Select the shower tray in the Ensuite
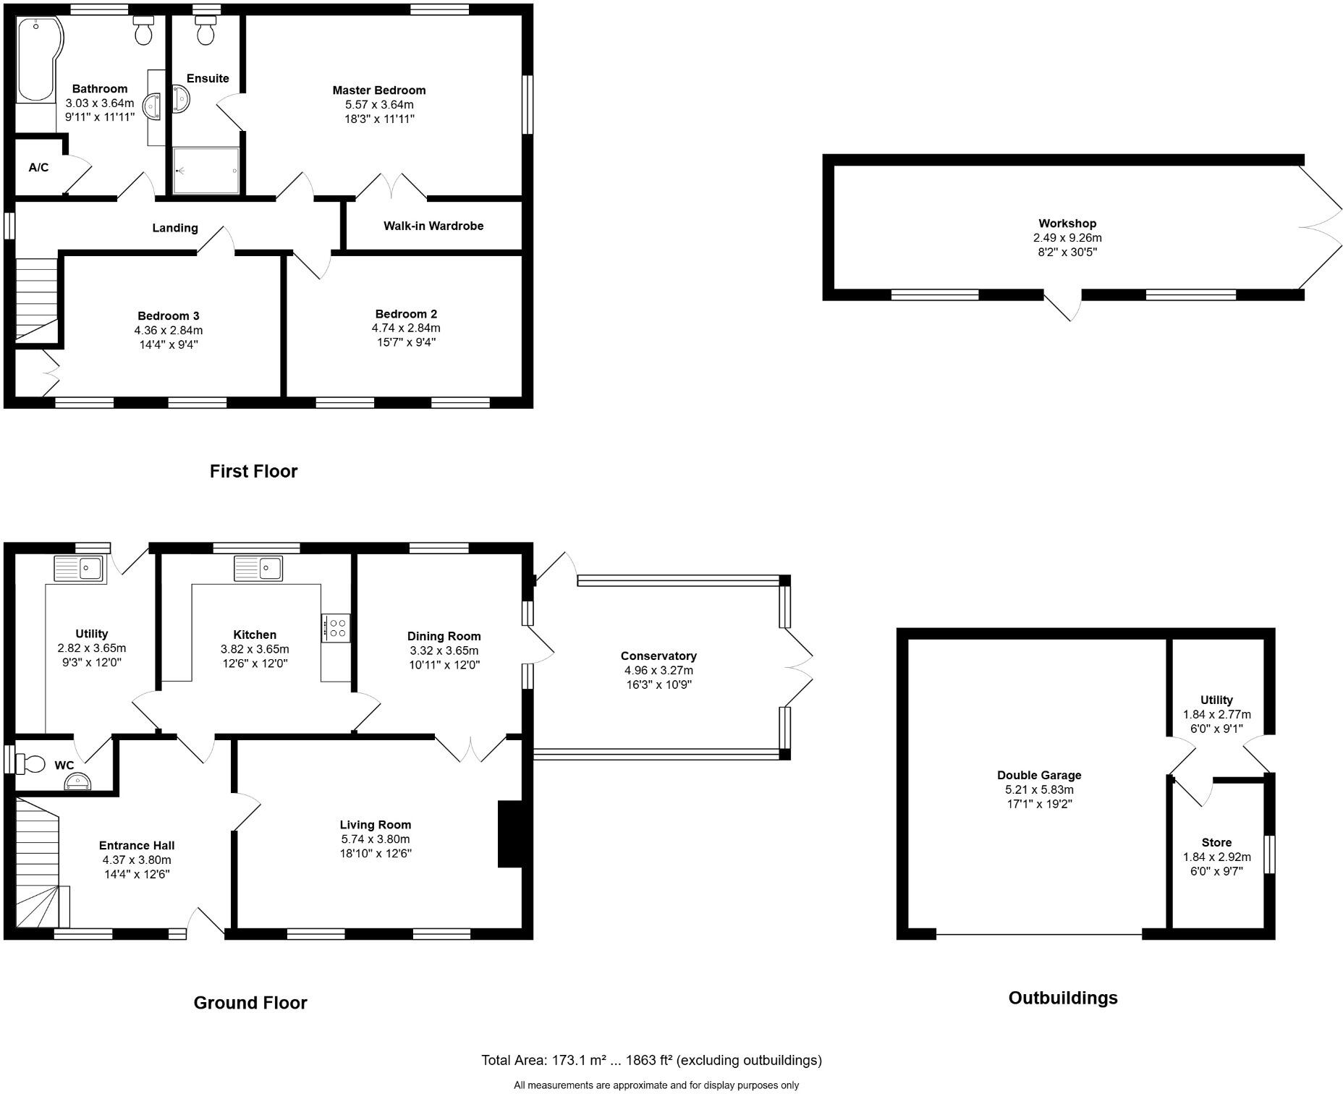pyautogui.click(x=206, y=171)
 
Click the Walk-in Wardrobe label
pyautogui.click(x=433, y=226)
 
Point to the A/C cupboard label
pyautogui.click(x=38, y=168)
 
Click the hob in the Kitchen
pyautogui.click(x=336, y=627)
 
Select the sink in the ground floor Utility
pyautogui.click(x=80, y=568)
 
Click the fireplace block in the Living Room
pyautogui.click(x=509, y=834)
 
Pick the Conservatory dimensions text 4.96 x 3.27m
pyautogui.click(x=658, y=670)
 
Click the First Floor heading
pyautogui.click(x=253, y=472)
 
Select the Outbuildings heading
pyautogui.click(x=1062, y=998)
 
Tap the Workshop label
pyautogui.click(x=1067, y=224)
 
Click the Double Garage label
pyautogui.click(x=1038, y=775)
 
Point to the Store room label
pyautogui.click(x=1216, y=842)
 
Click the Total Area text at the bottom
pyautogui.click(x=651, y=1060)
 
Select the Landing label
pyautogui.click(x=174, y=228)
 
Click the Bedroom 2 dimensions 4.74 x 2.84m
pyautogui.click(x=405, y=328)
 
